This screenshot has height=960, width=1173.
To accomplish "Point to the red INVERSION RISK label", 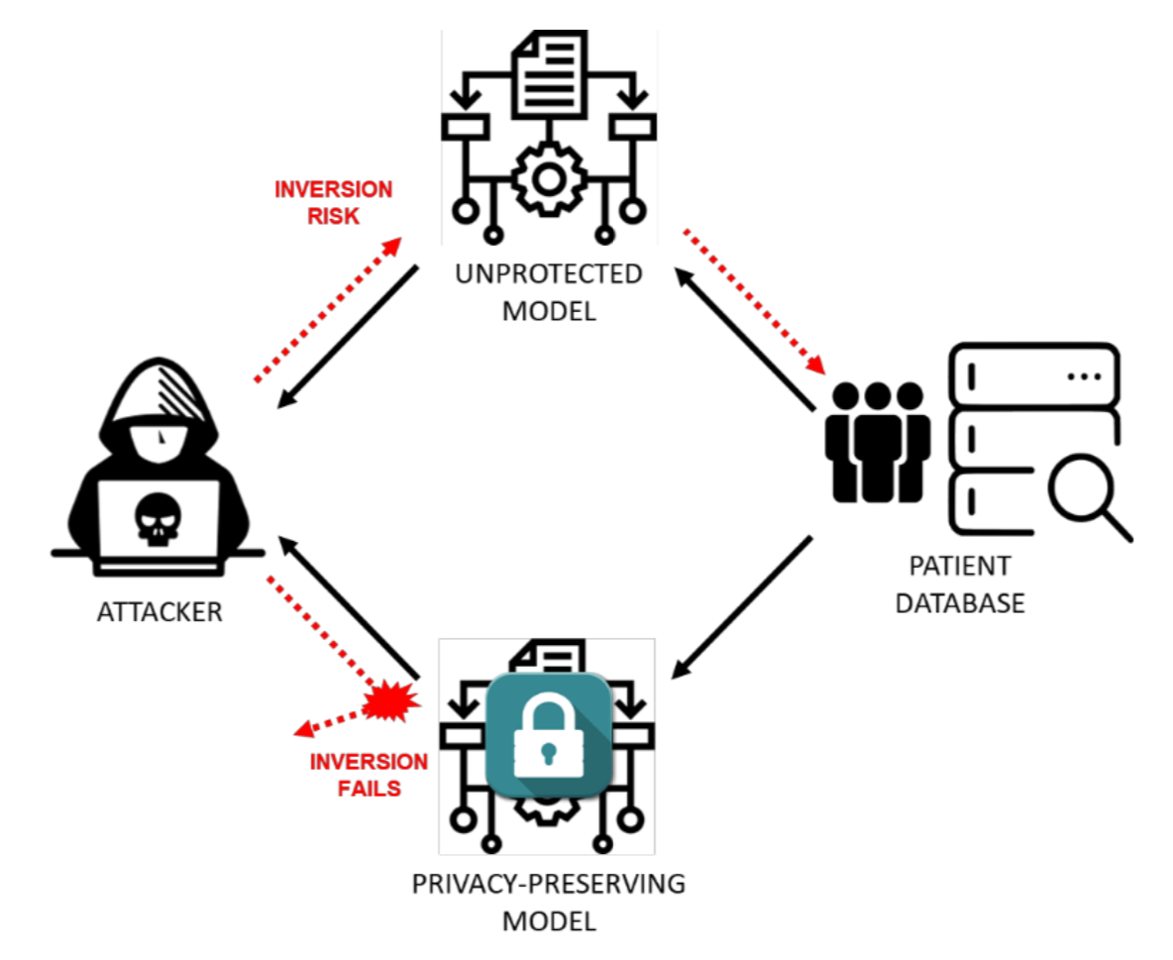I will coord(333,201).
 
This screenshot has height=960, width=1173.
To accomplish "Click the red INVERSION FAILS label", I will coord(369,776).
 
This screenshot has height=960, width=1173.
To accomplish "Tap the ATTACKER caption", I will coord(160,612).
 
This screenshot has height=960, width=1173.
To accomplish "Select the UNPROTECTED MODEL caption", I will coord(549,291).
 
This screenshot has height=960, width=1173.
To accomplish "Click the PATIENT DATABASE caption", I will coord(960,585).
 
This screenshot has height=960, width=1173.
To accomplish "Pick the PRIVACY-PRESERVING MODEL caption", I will coord(549,902).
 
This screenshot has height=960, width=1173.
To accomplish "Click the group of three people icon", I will coord(876,441).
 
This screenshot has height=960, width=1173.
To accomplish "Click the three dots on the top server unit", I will coord(1085,377).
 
